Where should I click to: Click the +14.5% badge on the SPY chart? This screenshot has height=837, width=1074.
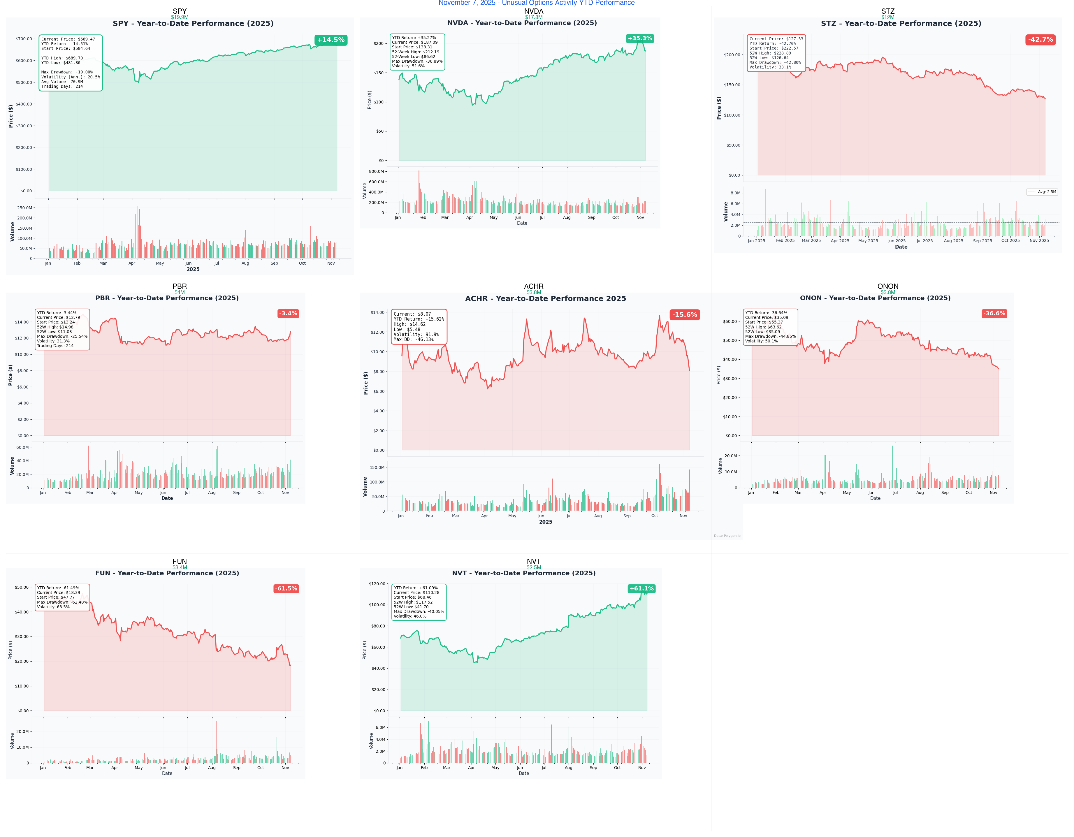click(x=331, y=40)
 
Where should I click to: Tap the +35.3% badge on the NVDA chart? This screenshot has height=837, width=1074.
click(x=639, y=38)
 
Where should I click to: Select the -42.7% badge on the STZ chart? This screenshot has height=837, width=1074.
click(x=1040, y=39)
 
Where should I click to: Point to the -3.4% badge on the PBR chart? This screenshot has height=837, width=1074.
click(x=288, y=313)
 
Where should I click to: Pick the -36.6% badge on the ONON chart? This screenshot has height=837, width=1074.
click(x=994, y=313)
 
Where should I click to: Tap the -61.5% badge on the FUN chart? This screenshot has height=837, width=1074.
click(x=286, y=588)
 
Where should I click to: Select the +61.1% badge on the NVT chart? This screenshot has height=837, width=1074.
click(x=641, y=588)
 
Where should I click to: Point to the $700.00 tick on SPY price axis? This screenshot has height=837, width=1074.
click(x=24, y=39)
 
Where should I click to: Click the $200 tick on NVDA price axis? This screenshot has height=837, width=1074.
click(x=378, y=43)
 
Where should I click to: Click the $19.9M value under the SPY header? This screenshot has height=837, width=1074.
click(x=180, y=17)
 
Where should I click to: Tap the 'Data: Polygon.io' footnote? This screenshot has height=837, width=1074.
click(x=727, y=536)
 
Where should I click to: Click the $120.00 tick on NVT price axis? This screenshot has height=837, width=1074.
click(x=377, y=584)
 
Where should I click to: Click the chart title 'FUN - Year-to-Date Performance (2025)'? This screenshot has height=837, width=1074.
click(x=167, y=573)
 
